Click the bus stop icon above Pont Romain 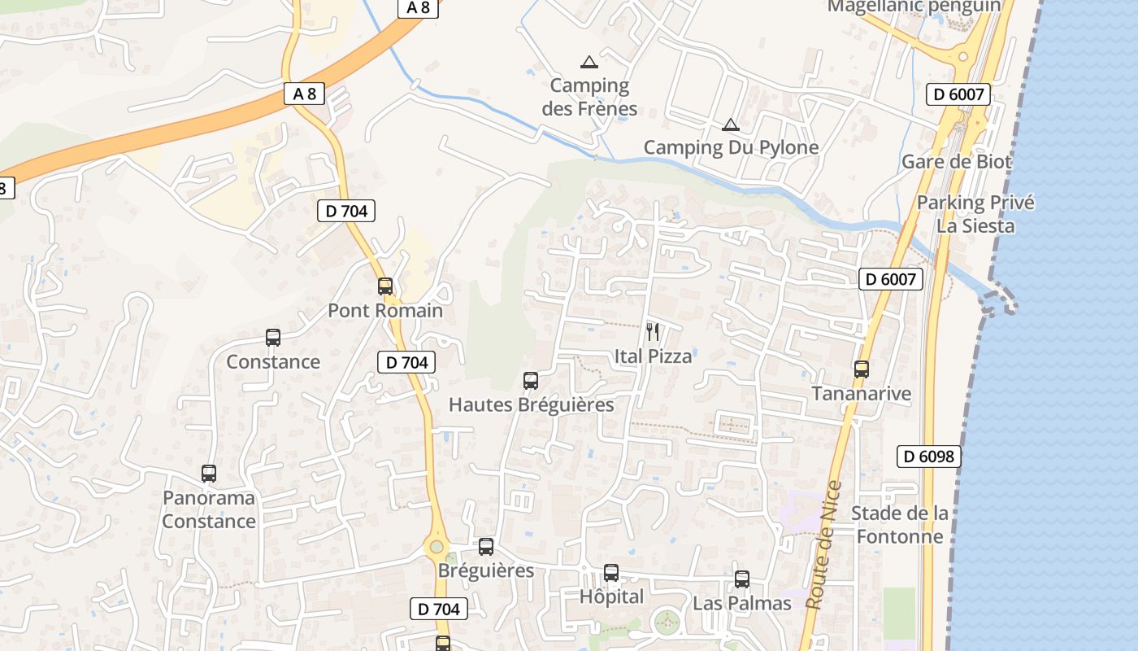(x=385, y=286)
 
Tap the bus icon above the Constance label (x=273, y=338)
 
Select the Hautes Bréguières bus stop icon (x=531, y=380)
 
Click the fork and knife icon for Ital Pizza (x=652, y=331)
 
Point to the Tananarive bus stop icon (x=862, y=369)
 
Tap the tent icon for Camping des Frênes (x=589, y=62)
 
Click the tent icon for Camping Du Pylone (x=731, y=125)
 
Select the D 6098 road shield (x=929, y=457)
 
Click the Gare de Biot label (x=956, y=161)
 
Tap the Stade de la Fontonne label (x=899, y=525)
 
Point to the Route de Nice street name (x=823, y=545)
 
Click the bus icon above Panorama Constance (x=209, y=474)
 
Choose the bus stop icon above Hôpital (x=611, y=573)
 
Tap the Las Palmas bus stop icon (x=742, y=579)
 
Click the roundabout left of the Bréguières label (x=437, y=547)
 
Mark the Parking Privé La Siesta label (x=975, y=214)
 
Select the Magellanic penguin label (x=914, y=7)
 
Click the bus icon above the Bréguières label (x=486, y=547)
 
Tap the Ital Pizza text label (x=653, y=356)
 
